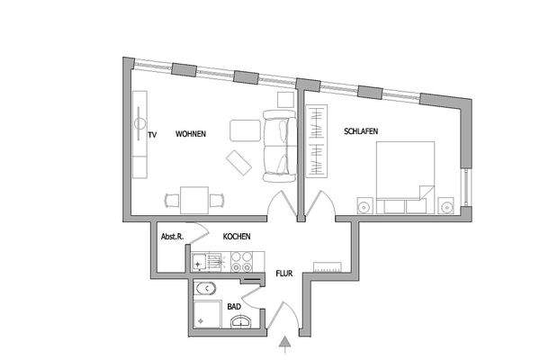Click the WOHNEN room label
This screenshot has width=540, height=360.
click(x=191, y=134)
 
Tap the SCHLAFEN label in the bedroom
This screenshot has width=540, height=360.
click(x=360, y=131)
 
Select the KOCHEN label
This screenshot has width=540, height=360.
click(x=237, y=237)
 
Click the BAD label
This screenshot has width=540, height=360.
click(x=233, y=307)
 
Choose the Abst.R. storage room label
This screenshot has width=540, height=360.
click(x=172, y=237)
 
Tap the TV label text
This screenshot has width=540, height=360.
click(x=153, y=135)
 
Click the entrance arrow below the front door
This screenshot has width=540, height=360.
click(x=285, y=341)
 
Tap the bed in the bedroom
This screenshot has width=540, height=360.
click(x=405, y=176)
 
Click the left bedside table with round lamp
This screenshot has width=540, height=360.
click(x=364, y=205)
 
